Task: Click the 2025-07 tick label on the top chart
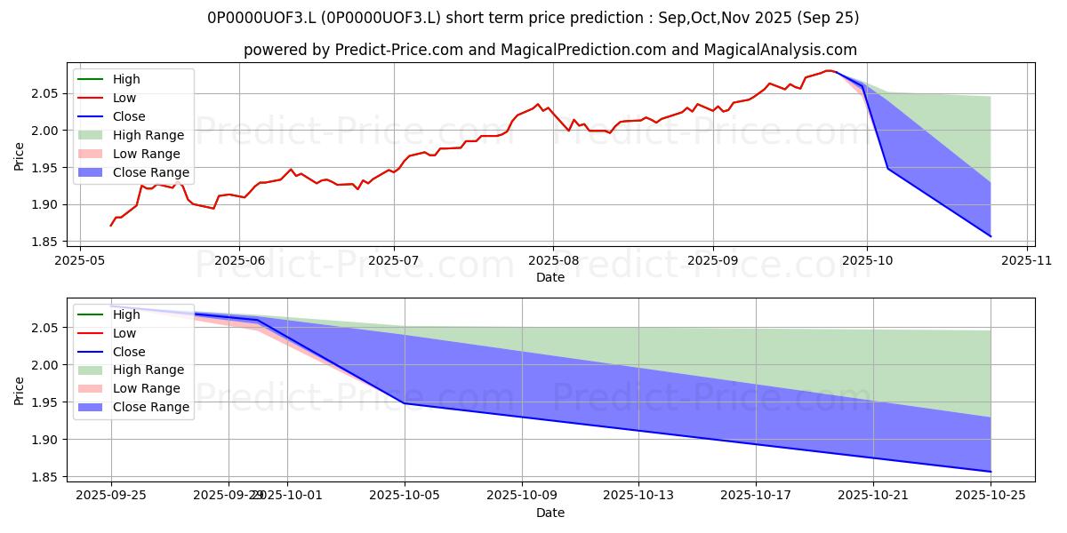point(394,260)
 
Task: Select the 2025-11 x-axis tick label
point(1027,260)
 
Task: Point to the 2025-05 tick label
point(80,260)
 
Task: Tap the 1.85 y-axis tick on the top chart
point(48,242)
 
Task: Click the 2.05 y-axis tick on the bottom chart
point(48,329)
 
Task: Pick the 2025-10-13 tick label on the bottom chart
point(638,496)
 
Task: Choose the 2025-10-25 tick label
point(990,496)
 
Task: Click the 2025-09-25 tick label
point(111,496)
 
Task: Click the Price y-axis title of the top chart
point(19,155)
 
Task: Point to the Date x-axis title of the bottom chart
point(550,513)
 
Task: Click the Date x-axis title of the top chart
point(550,277)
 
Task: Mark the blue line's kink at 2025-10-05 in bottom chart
point(405,403)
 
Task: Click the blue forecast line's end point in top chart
point(990,236)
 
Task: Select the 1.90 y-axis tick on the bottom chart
point(48,440)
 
